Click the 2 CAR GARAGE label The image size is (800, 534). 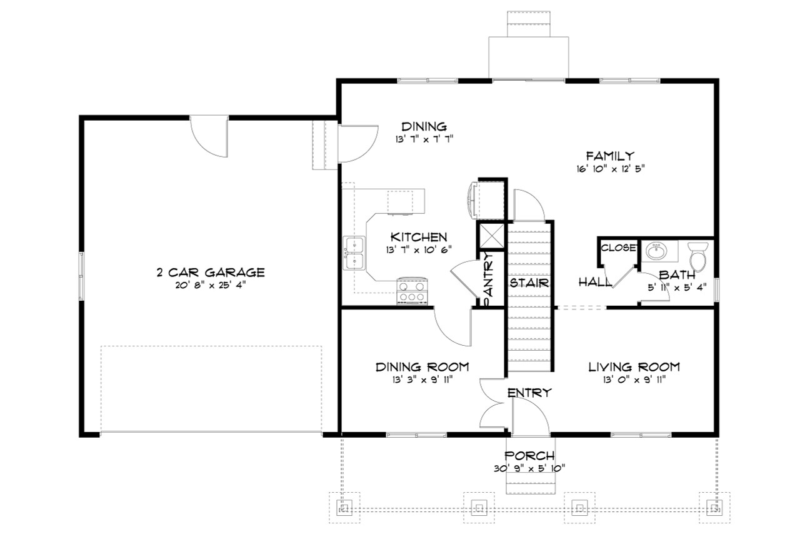[x=211, y=272]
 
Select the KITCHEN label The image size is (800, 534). [x=418, y=237]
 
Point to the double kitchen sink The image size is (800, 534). [x=354, y=253]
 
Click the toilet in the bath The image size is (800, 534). [x=697, y=257]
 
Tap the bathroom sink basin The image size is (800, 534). [x=656, y=253]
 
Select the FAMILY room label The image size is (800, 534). [x=610, y=156]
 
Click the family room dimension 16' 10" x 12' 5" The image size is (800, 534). [x=610, y=168]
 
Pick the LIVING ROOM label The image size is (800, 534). [x=634, y=367]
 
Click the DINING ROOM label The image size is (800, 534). [x=422, y=367]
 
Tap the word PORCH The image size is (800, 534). [x=529, y=456]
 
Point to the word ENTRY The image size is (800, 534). [x=529, y=393]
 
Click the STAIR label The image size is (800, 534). [x=529, y=283]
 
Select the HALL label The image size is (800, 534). [x=595, y=283]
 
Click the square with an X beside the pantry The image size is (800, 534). [x=490, y=235]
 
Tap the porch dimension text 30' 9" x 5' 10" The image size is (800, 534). [x=529, y=468]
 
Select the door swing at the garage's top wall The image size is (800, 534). [x=210, y=136]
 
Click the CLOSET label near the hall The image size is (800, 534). [x=618, y=248]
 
